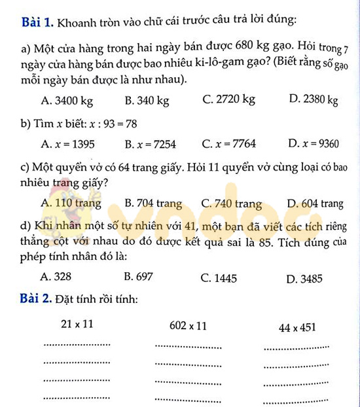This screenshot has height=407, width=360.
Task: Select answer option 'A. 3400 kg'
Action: click(x=66, y=101)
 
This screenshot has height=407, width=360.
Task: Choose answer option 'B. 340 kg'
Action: click(x=147, y=101)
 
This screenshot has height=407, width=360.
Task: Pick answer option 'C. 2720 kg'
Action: click(x=229, y=100)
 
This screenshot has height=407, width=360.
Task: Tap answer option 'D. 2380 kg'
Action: click(x=313, y=100)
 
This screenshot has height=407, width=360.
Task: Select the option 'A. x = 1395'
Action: click(x=67, y=144)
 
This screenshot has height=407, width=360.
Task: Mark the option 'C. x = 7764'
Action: click(x=229, y=144)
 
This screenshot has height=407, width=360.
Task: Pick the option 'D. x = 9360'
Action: click(x=313, y=144)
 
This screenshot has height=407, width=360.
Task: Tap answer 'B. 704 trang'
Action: click(x=153, y=203)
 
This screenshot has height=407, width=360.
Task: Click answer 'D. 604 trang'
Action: click(x=315, y=203)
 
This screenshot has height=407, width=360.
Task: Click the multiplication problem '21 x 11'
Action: click(x=77, y=324)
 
